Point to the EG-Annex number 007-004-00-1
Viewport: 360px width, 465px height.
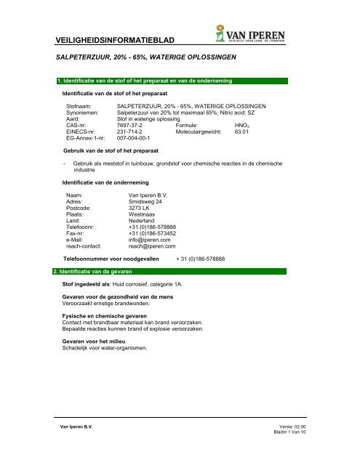pos(137,137)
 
